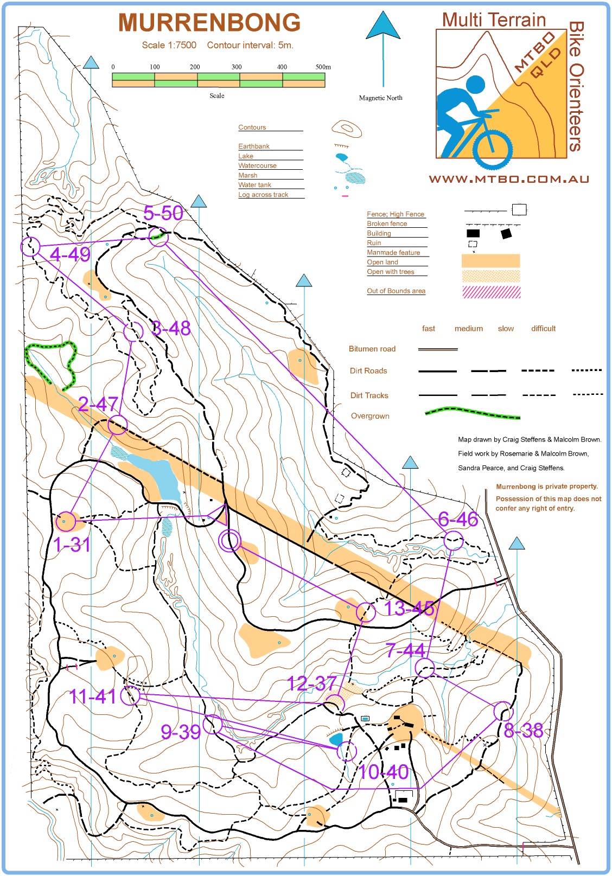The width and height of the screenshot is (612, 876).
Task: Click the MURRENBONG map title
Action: coord(209,23)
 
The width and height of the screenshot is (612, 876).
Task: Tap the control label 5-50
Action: coord(163,213)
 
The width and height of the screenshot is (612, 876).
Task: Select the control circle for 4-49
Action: coord(31,247)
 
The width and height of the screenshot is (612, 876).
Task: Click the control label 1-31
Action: coord(72,545)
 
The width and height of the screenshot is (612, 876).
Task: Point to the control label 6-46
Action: coord(458,519)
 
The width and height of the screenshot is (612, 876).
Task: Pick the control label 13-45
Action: coord(409,609)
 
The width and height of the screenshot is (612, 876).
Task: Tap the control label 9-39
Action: coord(181,732)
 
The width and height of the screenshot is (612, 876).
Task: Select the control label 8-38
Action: coord(523,731)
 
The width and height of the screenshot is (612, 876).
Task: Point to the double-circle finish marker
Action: coord(229,541)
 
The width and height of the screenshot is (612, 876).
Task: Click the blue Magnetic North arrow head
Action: coord(383,25)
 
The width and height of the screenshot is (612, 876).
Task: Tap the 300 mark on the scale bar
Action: coord(237,67)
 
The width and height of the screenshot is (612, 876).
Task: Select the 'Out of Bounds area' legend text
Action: coord(396,291)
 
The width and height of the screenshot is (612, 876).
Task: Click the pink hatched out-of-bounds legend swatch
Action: coord(491,292)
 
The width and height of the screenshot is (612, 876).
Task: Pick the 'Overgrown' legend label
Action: coord(370,416)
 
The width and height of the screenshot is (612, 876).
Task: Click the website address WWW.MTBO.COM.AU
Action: coord(509,179)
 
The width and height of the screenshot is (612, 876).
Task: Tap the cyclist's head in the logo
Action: coord(475,84)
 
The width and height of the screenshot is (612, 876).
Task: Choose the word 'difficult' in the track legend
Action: coord(543,328)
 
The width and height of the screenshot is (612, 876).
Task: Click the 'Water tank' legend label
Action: coord(254,185)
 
